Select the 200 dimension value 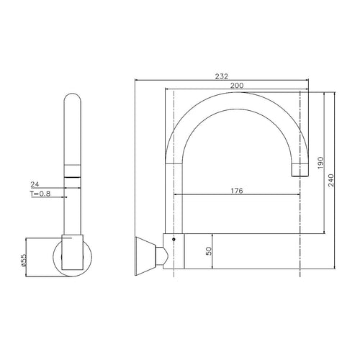coord(235,85)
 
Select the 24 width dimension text coord(34,184)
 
